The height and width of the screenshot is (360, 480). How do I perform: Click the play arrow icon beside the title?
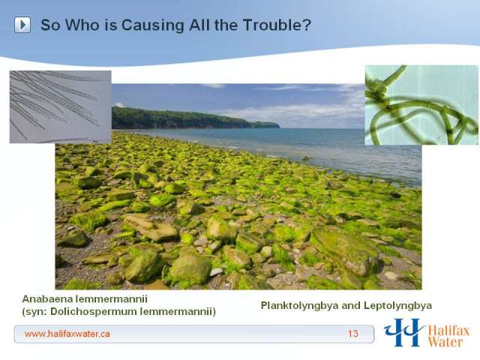pyautogui.click(x=22, y=25)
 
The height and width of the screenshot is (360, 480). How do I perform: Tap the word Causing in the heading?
pyautogui.click(x=152, y=25)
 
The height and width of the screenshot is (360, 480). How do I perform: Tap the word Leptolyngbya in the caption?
pyautogui.click(x=398, y=305)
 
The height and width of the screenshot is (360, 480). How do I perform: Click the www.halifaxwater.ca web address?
pyautogui.click(x=67, y=334)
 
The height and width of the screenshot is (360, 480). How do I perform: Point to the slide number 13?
pyautogui.click(x=353, y=333)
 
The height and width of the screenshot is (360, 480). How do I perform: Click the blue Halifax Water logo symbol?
pyautogui.click(x=403, y=332)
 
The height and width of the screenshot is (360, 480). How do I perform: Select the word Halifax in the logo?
pyautogui.click(x=448, y=331)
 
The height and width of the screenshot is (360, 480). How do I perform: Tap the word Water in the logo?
pyautogui.click(x=445, y=342)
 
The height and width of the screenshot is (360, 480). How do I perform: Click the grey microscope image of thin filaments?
pyautogui.click(x=60, y=106)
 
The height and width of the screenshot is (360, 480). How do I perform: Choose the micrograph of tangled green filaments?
pyautogui.click(x=421, y=105)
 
